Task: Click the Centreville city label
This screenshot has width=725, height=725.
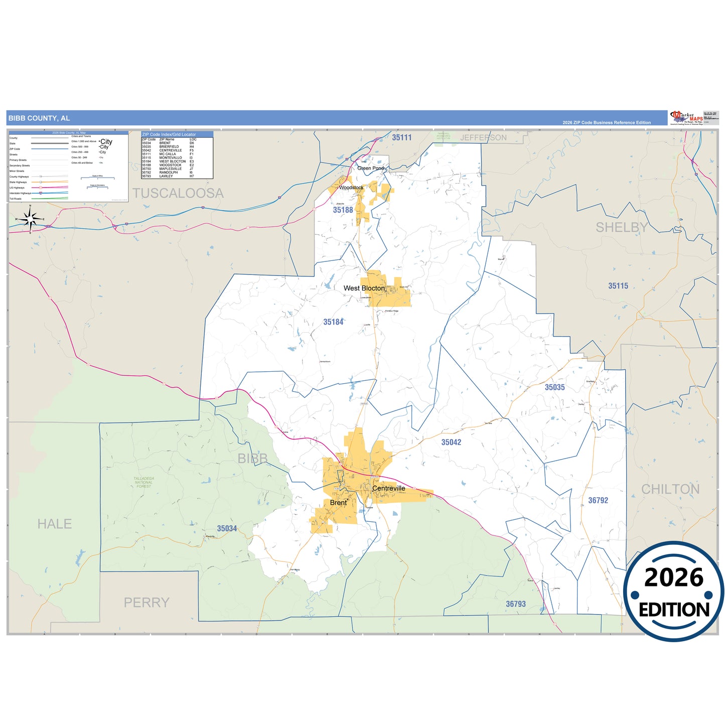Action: click(x=388, y=488)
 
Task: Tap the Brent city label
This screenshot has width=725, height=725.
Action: click(x=338, y=503)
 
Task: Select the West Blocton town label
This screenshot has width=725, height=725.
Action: click(x=364, y=288)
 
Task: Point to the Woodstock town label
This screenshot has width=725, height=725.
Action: click(x=351, y=188)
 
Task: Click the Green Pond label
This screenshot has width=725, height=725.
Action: click(x=370, y=168)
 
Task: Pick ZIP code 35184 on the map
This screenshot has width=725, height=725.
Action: click(x=333, y=322)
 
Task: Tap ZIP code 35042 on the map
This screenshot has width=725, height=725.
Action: click(x=451, y=442)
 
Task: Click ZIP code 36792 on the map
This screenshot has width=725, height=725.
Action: click(x=598, y=500)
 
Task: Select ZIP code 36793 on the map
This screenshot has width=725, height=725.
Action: click(x=516, y=604)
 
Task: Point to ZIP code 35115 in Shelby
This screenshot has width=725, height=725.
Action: click(x=618, y=286)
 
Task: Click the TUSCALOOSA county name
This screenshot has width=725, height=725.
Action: click(x=178, y=193)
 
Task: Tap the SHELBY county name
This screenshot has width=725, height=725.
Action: click(x=622, y=228)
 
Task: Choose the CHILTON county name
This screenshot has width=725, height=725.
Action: click(x=670, y=489)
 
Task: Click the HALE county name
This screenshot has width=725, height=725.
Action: click(x=55, y=524)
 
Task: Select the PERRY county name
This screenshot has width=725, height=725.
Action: click(x=147, y=603)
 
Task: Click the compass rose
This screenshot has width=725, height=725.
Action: click(x=30, y=219)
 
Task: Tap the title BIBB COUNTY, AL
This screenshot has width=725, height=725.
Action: click(x=39, y=118)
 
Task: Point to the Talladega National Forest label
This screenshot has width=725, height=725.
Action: click(x=143, y=482)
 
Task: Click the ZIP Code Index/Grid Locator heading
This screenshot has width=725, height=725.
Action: click(x=169, y=134)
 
